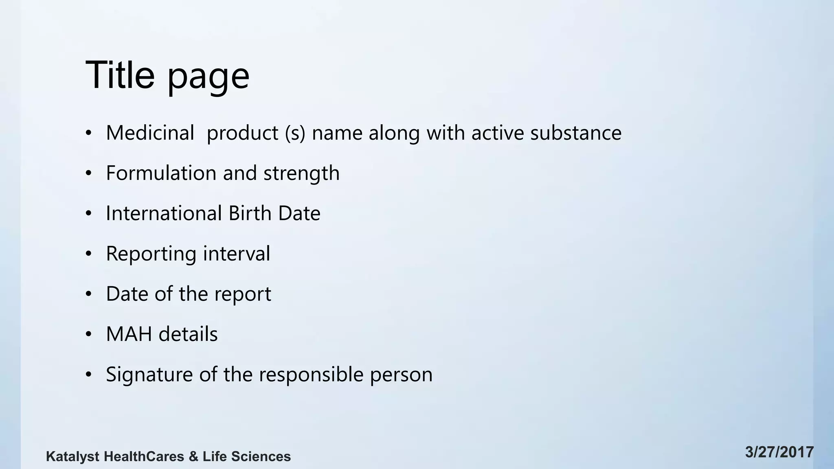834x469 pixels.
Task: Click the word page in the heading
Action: pyautogui.click(x=208, y=77)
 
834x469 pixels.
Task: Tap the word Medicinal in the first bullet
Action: pyautogui.click(x=150, y=133)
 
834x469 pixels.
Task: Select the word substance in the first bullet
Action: pyautogui.click(x=575, y=133)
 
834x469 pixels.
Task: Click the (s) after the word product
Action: pyautogui.click(x=295, y=133)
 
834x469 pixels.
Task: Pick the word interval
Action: pyautogui.click(x=236, y=253)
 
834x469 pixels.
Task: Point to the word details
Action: pyautogui.click(x=188, y=334)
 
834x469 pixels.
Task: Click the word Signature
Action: pyautogui.click(x=149, y=375)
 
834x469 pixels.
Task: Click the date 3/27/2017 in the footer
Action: pyautogui.click(x=779, y=452)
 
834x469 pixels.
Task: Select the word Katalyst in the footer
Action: pyautogui.click(x=72, y=457)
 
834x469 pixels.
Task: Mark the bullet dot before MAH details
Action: pyautogui.click(x=88, y=334)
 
